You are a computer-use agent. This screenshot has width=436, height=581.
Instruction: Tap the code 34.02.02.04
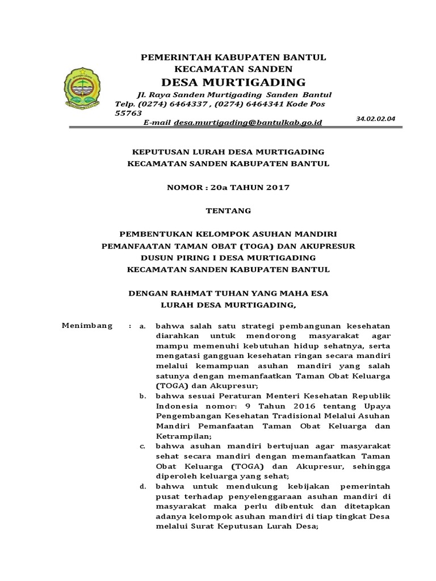[375, 119]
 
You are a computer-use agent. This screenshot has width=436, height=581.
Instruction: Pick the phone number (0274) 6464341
[231, 104]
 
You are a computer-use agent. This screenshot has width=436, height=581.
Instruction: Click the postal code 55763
[128, 113]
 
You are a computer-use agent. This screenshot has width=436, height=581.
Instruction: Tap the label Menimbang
[87, 326]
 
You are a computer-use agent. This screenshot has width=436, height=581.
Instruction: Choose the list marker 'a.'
[143, 326]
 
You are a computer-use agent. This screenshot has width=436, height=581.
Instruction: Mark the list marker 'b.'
[143, 395]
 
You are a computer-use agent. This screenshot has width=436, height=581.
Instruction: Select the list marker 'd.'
[143, 487]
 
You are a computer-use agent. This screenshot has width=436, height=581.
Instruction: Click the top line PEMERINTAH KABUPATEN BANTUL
[233, 57]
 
